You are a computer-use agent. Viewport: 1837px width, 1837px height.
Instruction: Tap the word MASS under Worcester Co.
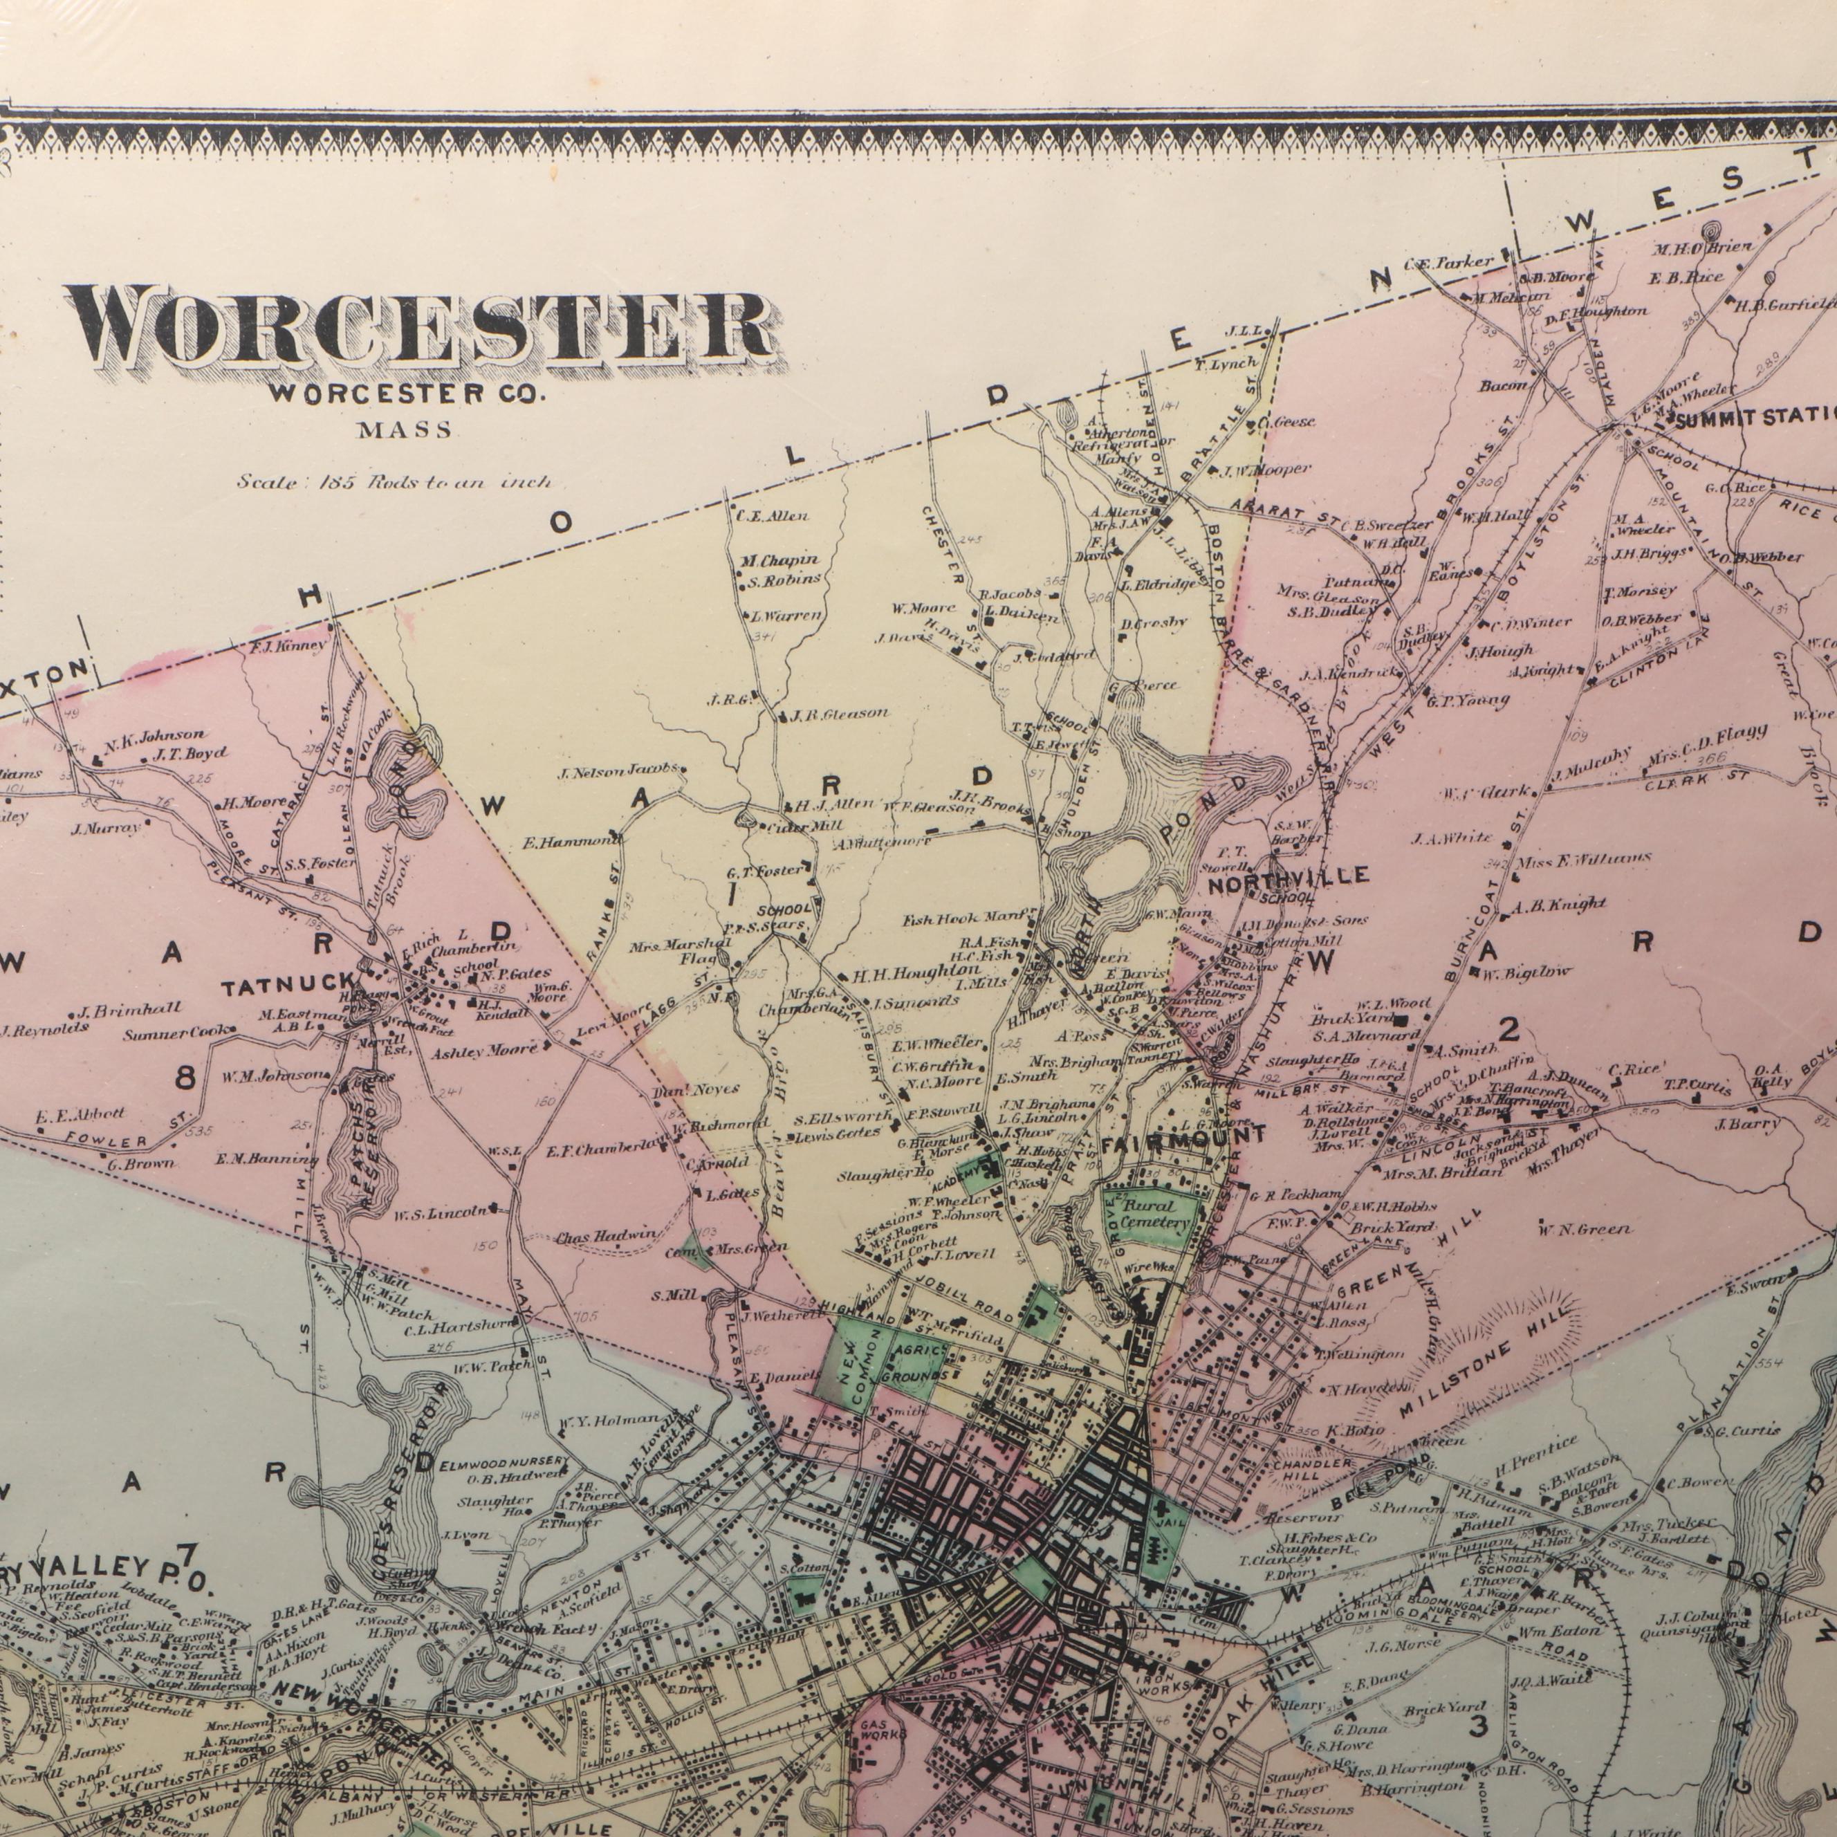pyautogui.click(x=404, y=430)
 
